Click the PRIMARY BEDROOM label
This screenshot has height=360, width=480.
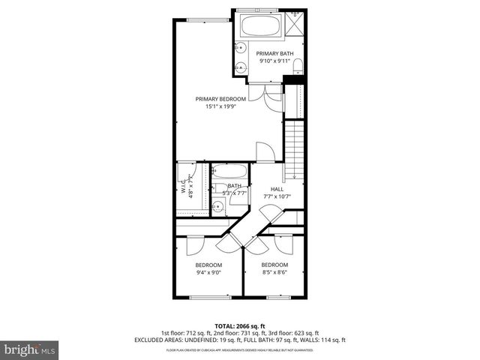click(220, 98)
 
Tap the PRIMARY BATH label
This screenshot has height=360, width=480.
click(275, 53)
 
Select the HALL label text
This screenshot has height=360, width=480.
click(276, 189)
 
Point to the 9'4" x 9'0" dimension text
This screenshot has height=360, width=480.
click(208, 273)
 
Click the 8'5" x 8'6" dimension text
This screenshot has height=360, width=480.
click(274, 273)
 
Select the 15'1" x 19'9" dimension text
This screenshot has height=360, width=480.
click(220, 106)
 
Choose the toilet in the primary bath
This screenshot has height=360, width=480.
click(297, 65)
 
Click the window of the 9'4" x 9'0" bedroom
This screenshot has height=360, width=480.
click(208, 298)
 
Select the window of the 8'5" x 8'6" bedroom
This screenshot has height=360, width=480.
click(277, 298)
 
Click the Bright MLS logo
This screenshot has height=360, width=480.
click(30, 349)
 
